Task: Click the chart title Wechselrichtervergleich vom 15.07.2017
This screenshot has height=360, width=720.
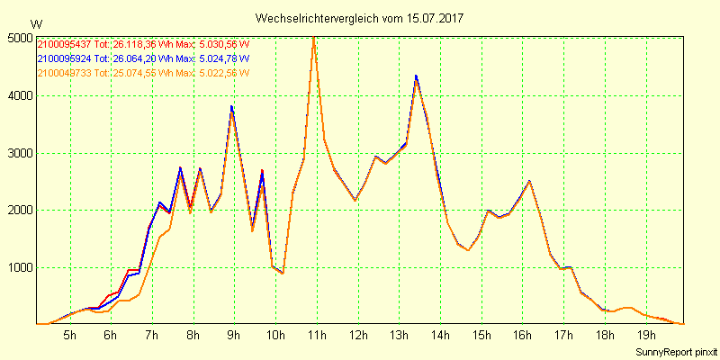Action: click(x=360, y=18)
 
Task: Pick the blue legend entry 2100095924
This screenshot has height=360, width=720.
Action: click(x=63, y=58)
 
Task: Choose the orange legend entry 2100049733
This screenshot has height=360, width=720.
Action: click(x=63, y=73)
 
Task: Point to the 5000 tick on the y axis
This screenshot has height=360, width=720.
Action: click(x=19, y=38)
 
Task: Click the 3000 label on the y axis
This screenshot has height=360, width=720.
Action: click(x=19, y=153)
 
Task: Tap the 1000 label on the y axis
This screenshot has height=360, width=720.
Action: click(x=19, y=268)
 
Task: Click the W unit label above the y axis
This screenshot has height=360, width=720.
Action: click(x=35, y=23)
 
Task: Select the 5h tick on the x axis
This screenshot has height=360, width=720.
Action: click(x=69, y=336)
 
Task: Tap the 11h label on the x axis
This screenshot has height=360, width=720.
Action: click(x=317, y=336)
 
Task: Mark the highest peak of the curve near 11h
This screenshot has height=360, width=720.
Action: click(x=313, y=38)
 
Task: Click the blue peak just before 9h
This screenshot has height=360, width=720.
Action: click(x=231, y=106)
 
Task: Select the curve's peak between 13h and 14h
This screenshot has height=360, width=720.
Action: click(x=416, y=76)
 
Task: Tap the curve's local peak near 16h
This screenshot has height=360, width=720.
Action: click(x=529, y=181)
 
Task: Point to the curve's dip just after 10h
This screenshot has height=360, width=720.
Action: click(x=283, y=273)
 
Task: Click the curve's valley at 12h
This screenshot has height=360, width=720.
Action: click(x=355, y=199)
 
